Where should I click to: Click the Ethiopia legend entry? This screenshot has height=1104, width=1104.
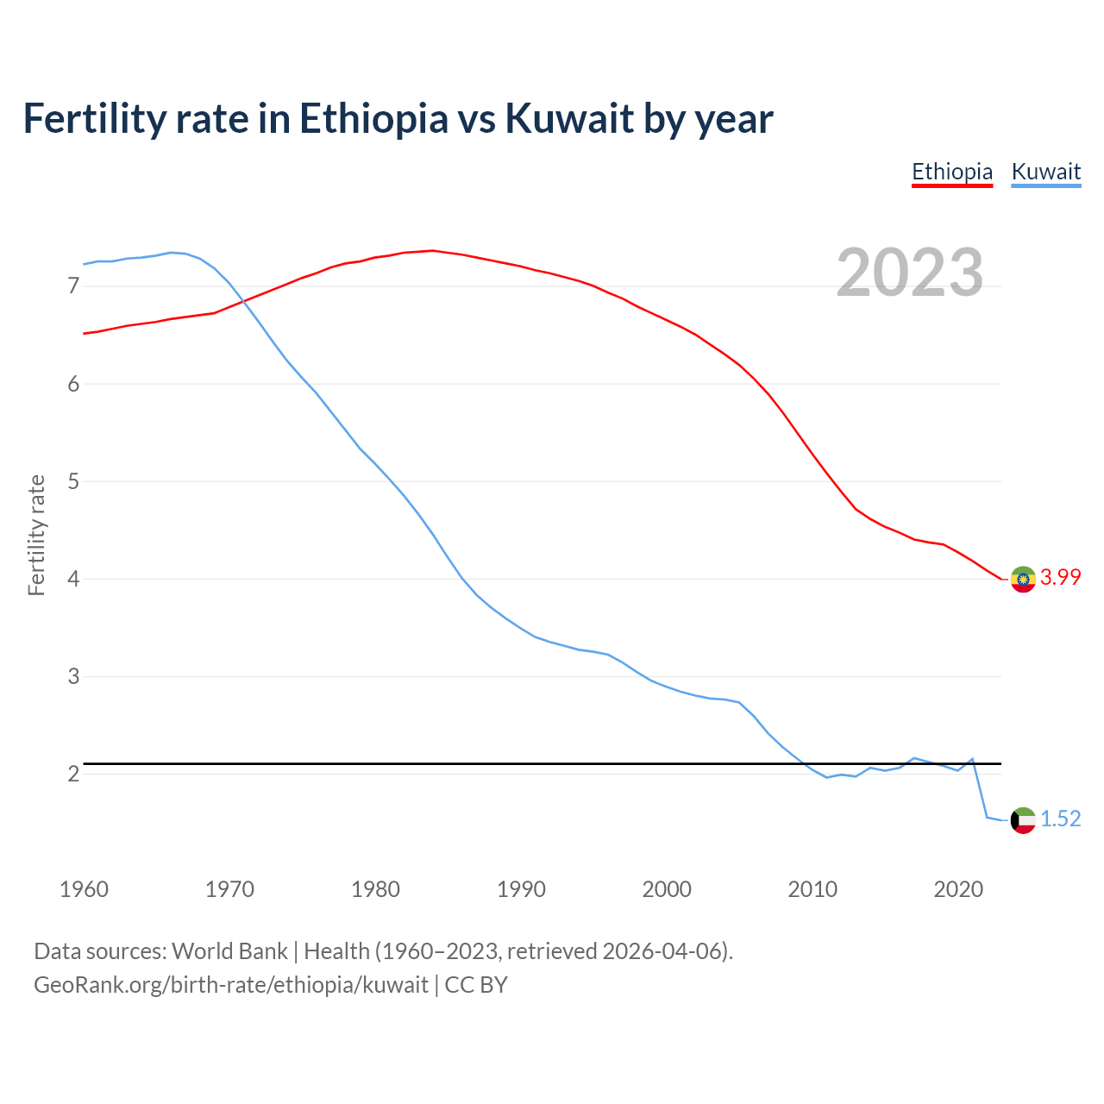[952, 172]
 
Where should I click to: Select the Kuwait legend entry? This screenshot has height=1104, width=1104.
[1045, 172]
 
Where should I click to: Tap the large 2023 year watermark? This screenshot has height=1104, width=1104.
[909, 273]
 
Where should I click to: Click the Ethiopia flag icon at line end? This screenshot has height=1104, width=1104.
[1023, 579]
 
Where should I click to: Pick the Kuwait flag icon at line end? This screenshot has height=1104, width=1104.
[1023, 819]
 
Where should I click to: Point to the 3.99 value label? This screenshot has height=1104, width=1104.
[1060, 578]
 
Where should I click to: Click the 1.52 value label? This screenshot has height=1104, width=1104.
[1060, 819]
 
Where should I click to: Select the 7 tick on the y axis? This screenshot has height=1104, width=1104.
[73, 285]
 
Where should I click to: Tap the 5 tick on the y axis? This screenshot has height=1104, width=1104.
[73, 481]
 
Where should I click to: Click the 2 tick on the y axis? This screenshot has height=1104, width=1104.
[73, 774]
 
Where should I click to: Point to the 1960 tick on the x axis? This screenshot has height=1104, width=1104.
[84, 889]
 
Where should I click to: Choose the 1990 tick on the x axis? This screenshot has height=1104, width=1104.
[521, 889]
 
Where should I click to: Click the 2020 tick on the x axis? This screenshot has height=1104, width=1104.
[958, 889]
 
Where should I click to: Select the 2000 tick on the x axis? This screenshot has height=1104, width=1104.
[667, 889]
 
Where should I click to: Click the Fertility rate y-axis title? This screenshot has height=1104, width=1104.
[36, 535]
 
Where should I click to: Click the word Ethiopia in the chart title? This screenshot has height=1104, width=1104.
[373, 119]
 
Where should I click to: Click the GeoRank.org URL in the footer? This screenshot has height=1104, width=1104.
[231, 985]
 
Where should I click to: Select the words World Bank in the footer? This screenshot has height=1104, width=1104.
[229, 951]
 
